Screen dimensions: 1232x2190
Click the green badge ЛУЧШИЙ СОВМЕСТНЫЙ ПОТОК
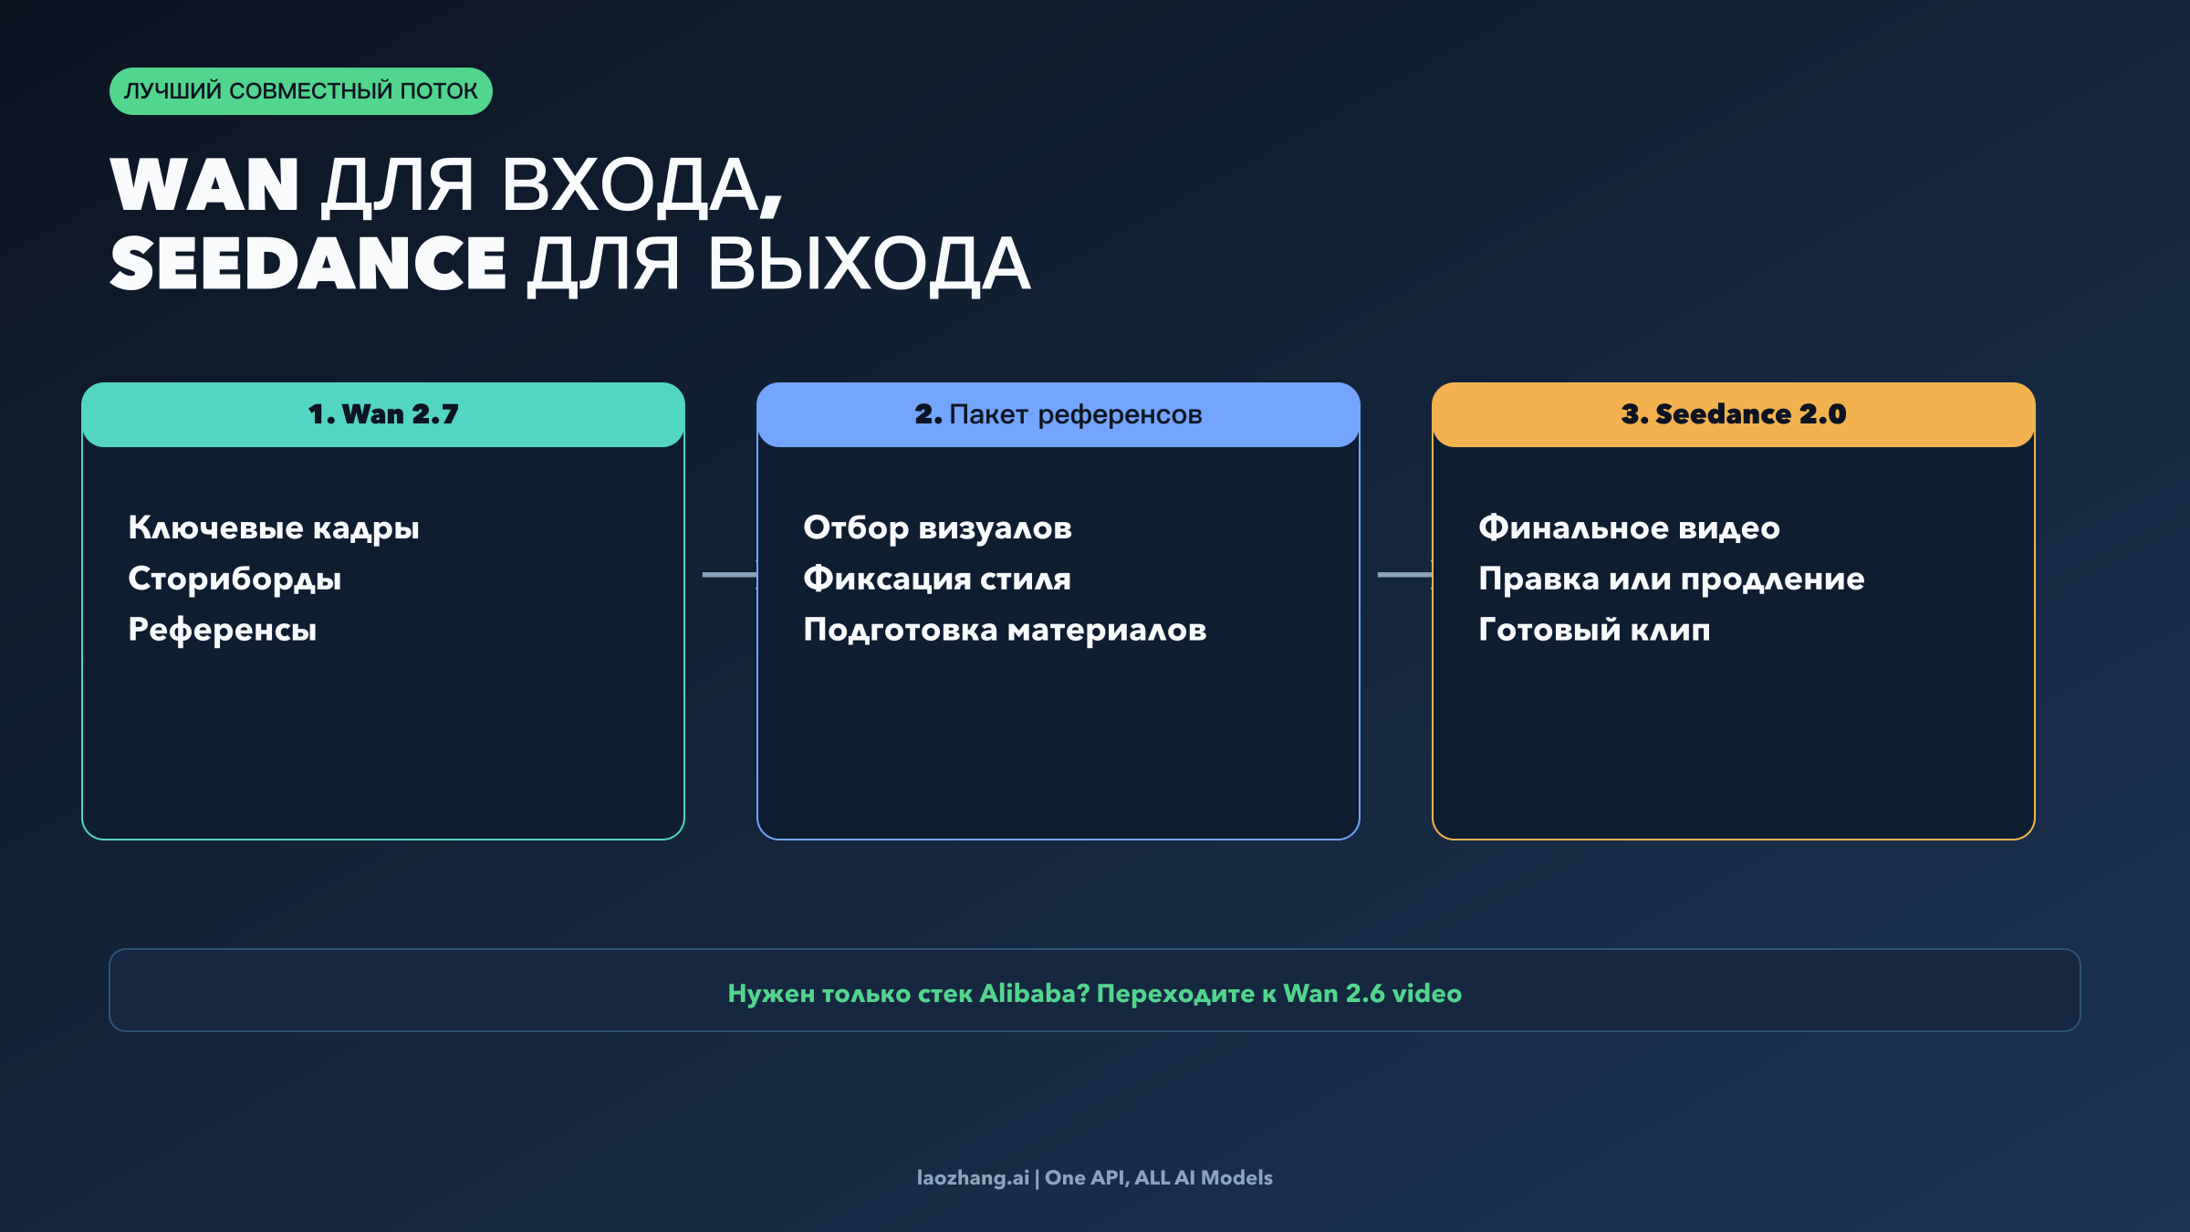[300, 91]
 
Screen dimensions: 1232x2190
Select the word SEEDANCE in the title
[308, 264]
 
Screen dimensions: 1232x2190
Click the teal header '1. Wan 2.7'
[383, 414]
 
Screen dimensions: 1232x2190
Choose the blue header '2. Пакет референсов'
[1058, 414]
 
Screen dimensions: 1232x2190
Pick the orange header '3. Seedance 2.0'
[1733, 414]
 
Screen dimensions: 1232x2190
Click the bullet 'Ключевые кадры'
[273, 528]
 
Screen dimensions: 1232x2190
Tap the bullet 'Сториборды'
[235, 579]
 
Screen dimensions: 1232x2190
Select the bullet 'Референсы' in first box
[222, 631]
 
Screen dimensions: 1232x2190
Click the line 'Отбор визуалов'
[937, 528]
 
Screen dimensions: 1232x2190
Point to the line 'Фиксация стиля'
[936, 579]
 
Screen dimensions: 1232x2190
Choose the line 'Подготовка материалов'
[1005, 631]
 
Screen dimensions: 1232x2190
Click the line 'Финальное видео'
[1629, 528]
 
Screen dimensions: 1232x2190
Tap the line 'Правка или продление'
[1671, 579]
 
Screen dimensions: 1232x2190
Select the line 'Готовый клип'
[1594, 631]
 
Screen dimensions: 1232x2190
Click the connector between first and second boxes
[728, 575]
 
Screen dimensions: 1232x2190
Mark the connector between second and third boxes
[1403, 575]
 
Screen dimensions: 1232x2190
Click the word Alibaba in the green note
[1034, 994]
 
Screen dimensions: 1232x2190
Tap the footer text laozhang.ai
[972, 1178]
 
